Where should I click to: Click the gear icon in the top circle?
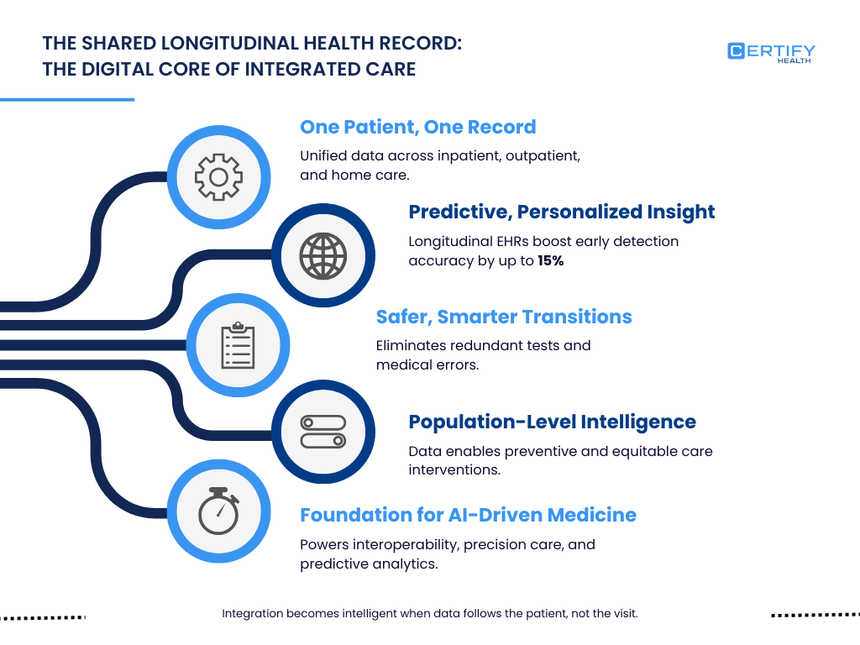click(x=218, y=176)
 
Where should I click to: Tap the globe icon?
click(x=323, y=255)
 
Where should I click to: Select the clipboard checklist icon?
click(x=238, y=345)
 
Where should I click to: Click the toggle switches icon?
click(x=323, y=432)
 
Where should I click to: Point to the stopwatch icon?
click(x=218, y=511)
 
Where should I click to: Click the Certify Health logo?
click(x=771, y=53)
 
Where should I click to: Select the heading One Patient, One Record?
click(x=417, y=127)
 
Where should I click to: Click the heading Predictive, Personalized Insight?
click(x=561, y=212)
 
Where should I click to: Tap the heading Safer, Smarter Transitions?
click(x=503, y=317)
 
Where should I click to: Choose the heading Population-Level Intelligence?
click(x=552, y=422)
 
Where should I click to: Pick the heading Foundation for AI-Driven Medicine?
click(x=468, y=515)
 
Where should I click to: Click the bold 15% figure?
click(x=550, y=260)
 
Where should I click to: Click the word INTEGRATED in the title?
click(x=299, y=69)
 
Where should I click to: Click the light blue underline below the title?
click(x=67, y=99)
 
